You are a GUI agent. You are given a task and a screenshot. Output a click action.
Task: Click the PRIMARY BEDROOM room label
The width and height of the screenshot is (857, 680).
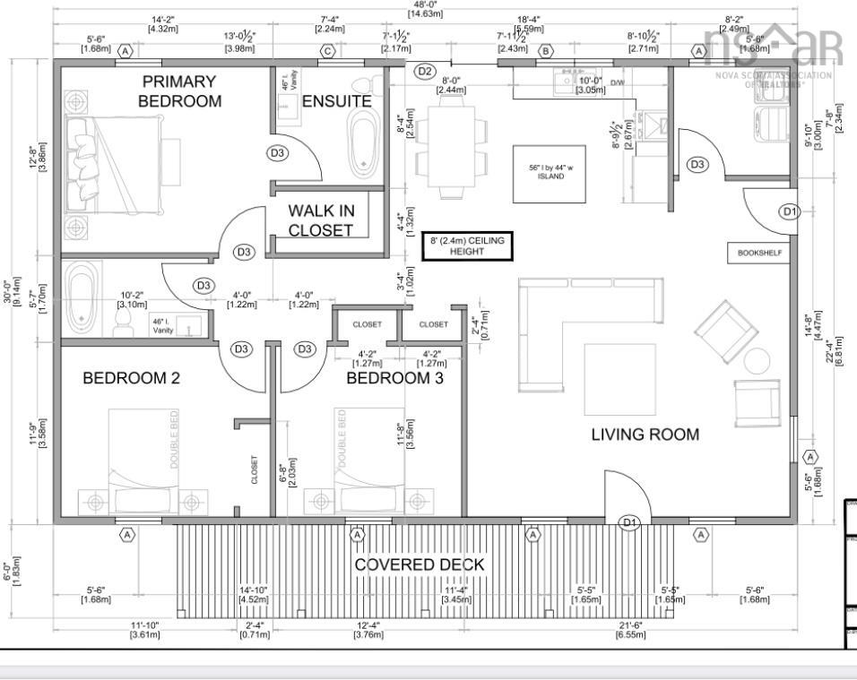click(179, 91)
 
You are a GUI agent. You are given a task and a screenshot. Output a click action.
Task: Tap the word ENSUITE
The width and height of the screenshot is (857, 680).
click(336, 101)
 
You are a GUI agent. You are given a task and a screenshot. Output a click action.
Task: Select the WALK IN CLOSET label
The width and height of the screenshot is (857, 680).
click(321, 220)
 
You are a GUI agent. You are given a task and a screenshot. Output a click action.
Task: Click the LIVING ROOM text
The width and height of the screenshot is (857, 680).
click(645, 435)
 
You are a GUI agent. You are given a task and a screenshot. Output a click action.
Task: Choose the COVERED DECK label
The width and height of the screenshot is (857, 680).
click(419, 564)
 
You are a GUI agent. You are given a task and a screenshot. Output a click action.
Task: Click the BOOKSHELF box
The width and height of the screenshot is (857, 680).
click(759, 254)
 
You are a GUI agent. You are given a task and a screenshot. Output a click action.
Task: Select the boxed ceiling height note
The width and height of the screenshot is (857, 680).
click(466, 246)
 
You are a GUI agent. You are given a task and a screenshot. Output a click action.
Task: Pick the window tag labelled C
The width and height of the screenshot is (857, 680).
click(327, 51)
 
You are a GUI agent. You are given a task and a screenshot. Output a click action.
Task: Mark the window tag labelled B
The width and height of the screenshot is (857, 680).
click(544, 51)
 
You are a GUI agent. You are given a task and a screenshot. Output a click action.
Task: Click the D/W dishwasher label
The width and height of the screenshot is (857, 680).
click(616, 82)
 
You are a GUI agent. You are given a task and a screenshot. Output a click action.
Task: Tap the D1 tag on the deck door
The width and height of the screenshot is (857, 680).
click(629, 522)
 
